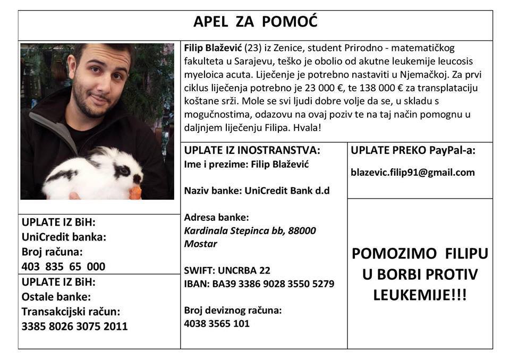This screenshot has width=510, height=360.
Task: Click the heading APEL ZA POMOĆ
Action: pos(255,22)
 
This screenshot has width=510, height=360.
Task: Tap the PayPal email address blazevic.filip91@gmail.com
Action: pos(413,173)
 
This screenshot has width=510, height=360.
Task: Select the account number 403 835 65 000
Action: pos(63,267)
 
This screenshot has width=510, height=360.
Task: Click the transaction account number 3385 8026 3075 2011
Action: pos(74,326)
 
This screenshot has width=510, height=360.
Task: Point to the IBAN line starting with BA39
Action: pos(259,284)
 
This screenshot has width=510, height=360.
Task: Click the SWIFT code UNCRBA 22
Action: pos(227,271)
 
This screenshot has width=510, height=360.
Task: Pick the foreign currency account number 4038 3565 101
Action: pos(216,323)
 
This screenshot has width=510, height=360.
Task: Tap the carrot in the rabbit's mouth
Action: pos(136,192)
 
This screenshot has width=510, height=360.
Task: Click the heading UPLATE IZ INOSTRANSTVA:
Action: pos(252,150)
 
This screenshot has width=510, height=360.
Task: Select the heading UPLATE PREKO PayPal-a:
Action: pos(413,150)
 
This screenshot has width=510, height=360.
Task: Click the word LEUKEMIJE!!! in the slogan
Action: pos(420,294)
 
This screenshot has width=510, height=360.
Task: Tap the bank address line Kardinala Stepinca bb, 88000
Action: pos(250,231)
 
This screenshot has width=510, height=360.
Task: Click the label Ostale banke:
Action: pos(56,297)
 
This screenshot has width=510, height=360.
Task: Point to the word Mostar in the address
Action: pos(200,244)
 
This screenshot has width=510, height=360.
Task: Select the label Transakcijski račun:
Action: pos(71,312)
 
